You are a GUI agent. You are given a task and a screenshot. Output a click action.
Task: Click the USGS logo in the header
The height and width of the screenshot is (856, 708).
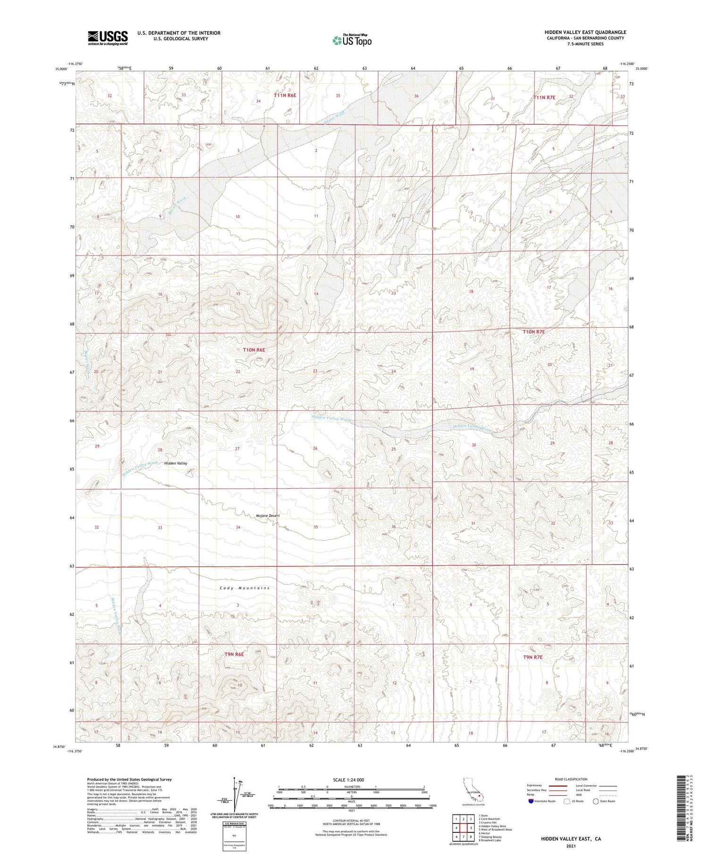coord(108,38)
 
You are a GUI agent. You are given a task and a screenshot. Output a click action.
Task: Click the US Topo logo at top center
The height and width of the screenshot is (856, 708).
coord(352,40)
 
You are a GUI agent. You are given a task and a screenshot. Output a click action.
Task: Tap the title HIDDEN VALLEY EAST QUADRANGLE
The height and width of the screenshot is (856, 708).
coord(585,32)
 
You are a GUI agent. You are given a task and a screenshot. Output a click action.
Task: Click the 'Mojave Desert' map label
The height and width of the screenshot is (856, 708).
coord(268,516)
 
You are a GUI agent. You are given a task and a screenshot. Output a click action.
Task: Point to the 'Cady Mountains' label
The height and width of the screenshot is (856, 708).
coord(244,588)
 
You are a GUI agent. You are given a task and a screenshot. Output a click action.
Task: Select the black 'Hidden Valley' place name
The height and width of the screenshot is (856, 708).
coord(176,463)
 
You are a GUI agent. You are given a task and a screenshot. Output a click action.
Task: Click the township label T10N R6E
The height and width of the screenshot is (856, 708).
coord(254,350)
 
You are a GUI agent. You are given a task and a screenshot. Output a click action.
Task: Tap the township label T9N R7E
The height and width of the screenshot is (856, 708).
coord(533,657)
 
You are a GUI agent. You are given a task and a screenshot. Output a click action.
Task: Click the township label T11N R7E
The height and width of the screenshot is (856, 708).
coord(544,97)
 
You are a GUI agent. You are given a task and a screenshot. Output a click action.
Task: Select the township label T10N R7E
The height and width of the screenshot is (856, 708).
coord(533,332)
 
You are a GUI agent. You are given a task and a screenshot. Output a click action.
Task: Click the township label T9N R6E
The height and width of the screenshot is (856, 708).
coord(234,654)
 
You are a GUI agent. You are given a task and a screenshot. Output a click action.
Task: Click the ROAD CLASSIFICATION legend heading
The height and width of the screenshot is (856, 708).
coord(571,779)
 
